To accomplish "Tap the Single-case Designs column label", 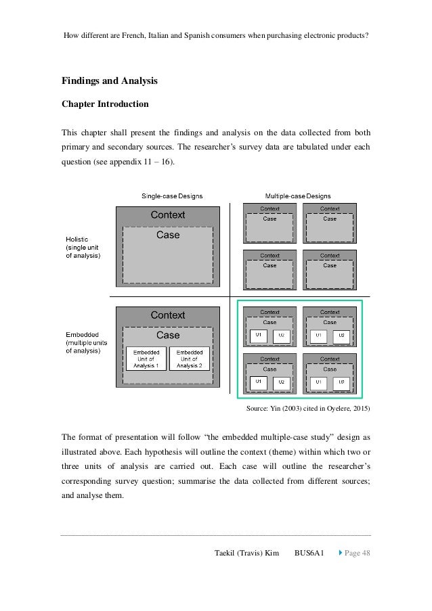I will point(171,196).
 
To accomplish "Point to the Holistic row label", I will point(83,247).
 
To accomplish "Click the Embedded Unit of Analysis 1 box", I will point(146,359).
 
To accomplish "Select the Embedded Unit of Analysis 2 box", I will point(190,359).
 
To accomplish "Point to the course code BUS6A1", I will point(309,553).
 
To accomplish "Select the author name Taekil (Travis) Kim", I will point(247,553).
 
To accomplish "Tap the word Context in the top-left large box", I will point(168,215).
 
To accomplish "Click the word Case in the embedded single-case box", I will point(168,335).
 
